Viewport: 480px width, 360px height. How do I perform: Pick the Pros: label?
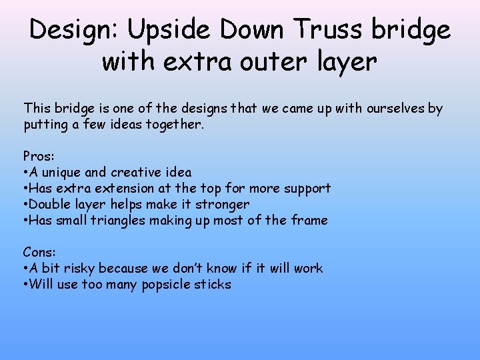click(39, 156)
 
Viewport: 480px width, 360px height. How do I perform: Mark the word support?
click(307, 188)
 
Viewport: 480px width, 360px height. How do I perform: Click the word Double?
click(49, 204)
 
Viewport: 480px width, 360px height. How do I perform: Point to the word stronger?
click(222, 204)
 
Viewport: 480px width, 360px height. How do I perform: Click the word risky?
click(78, 268)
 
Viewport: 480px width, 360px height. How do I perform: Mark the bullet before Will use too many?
click(25, 284)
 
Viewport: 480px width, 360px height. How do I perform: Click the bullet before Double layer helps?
click(25, 204)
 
